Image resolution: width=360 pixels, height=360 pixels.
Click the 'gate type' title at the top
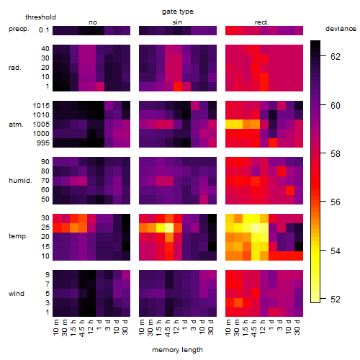[178, 12]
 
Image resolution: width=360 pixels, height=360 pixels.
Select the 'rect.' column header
[262, 22]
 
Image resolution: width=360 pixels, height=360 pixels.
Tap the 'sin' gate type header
[177, 22]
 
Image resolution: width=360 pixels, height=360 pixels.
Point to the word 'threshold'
[40, 17]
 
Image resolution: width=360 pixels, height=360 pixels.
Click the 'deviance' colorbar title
[341, 29]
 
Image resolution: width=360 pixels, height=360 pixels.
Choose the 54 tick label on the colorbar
[336, 251]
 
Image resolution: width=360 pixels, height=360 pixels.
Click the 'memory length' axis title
[177, 350]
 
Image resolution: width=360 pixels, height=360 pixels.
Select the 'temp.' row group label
[18, 236]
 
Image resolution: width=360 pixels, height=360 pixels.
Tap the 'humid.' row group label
[20, 181]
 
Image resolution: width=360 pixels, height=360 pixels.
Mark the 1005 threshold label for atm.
[41, 125]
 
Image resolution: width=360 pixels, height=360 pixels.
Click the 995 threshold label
[43, 143]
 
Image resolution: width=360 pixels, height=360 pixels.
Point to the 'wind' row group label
[17, 294]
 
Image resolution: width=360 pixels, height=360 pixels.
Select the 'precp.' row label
[19, 29]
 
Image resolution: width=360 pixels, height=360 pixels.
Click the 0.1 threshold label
[44, 30]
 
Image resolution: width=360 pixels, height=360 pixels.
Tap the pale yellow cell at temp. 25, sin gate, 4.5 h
[169, 228]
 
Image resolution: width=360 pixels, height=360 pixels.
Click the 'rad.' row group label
[15, 68]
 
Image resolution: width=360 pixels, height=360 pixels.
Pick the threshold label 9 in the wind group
[48, 275]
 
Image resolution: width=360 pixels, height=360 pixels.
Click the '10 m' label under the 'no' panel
[55, 327]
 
